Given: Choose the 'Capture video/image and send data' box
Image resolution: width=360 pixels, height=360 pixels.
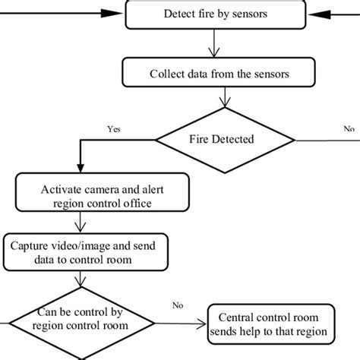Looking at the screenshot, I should click(x=84, y=252).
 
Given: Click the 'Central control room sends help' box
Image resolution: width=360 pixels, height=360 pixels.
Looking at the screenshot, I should click(x=272, y=324).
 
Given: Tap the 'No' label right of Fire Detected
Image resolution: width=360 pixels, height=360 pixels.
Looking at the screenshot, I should click(x=349, y=129).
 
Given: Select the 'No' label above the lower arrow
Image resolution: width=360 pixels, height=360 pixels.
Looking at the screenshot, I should click(x=178, y=306).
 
